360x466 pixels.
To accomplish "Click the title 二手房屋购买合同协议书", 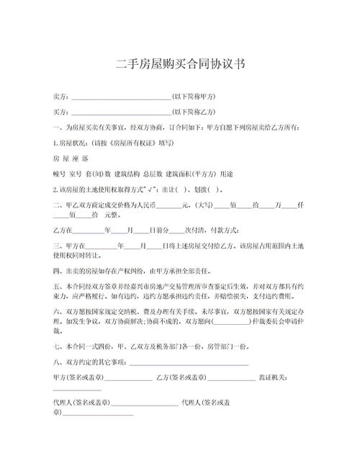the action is (180, 64).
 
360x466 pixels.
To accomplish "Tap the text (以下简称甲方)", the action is (194, 97).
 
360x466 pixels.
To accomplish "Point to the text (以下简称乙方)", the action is (194, 112).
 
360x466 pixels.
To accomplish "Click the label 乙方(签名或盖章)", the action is (181, 377).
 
